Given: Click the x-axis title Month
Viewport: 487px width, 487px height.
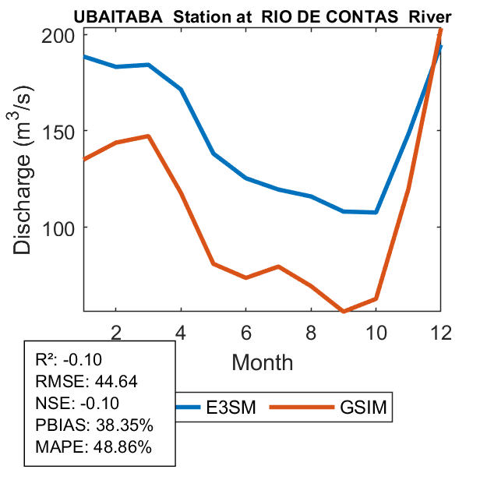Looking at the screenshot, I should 262,362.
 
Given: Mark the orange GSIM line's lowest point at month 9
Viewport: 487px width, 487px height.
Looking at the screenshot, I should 344,311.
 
